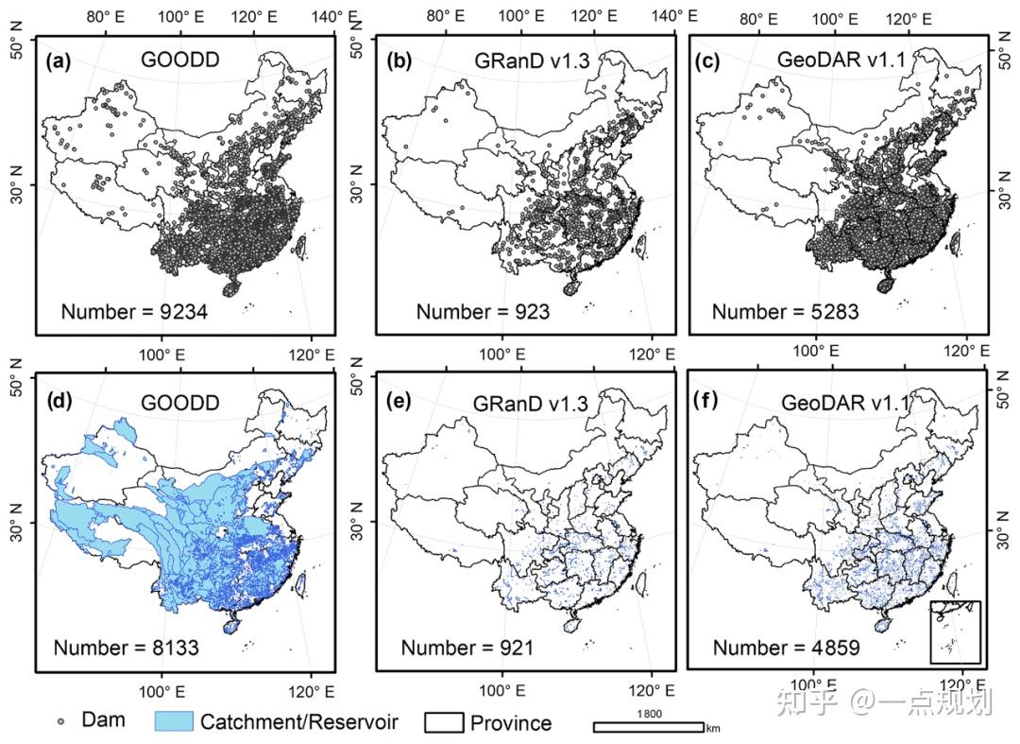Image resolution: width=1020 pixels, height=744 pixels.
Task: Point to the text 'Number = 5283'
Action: pyautogui.click(x=785, y=311)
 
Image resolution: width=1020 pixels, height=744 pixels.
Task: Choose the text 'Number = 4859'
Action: pyautogui.click(x=785, y=648)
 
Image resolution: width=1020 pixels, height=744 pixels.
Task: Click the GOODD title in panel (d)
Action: pyautogui.click(x=179, y=403)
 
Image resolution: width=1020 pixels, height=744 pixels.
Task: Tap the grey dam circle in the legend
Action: pyautogui.click(x=61, y=721)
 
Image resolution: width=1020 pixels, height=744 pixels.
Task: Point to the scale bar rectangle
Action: pyautogui.click(x=648, y=726)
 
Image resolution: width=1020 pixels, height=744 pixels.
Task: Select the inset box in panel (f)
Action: pyautogui.click(x=955, y=632)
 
